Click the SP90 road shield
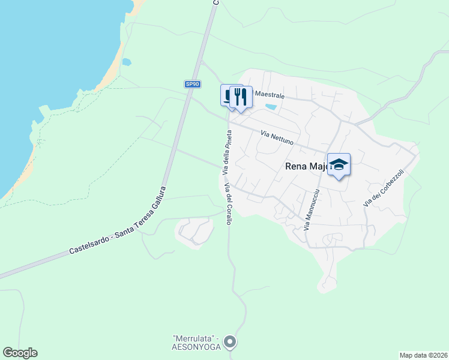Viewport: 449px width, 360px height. pyautogui.click(x=191, y=85)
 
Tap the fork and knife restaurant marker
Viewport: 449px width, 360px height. pyautogui.click(x=241, y=97)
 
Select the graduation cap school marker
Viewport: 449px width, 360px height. pyautogui.click(x=339, y=165)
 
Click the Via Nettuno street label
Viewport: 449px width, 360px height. pyautogui.click(x=277, y=139)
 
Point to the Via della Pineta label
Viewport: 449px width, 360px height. pyautogui.click(x=226, y=152)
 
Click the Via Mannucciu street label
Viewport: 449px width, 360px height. pyautogui.click(x=312, y=210)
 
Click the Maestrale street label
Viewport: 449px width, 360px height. pyautogui.click(x=270, y=95)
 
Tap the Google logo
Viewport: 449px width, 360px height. pyautogui.click(x=20, y=353)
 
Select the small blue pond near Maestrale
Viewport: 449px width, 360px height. pyautogui.click(x=271, y=107)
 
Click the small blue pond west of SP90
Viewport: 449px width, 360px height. pyautogui.click(x=127, y=61)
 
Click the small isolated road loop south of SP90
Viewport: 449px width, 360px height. pyautogui.click(x=193, y=231)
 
